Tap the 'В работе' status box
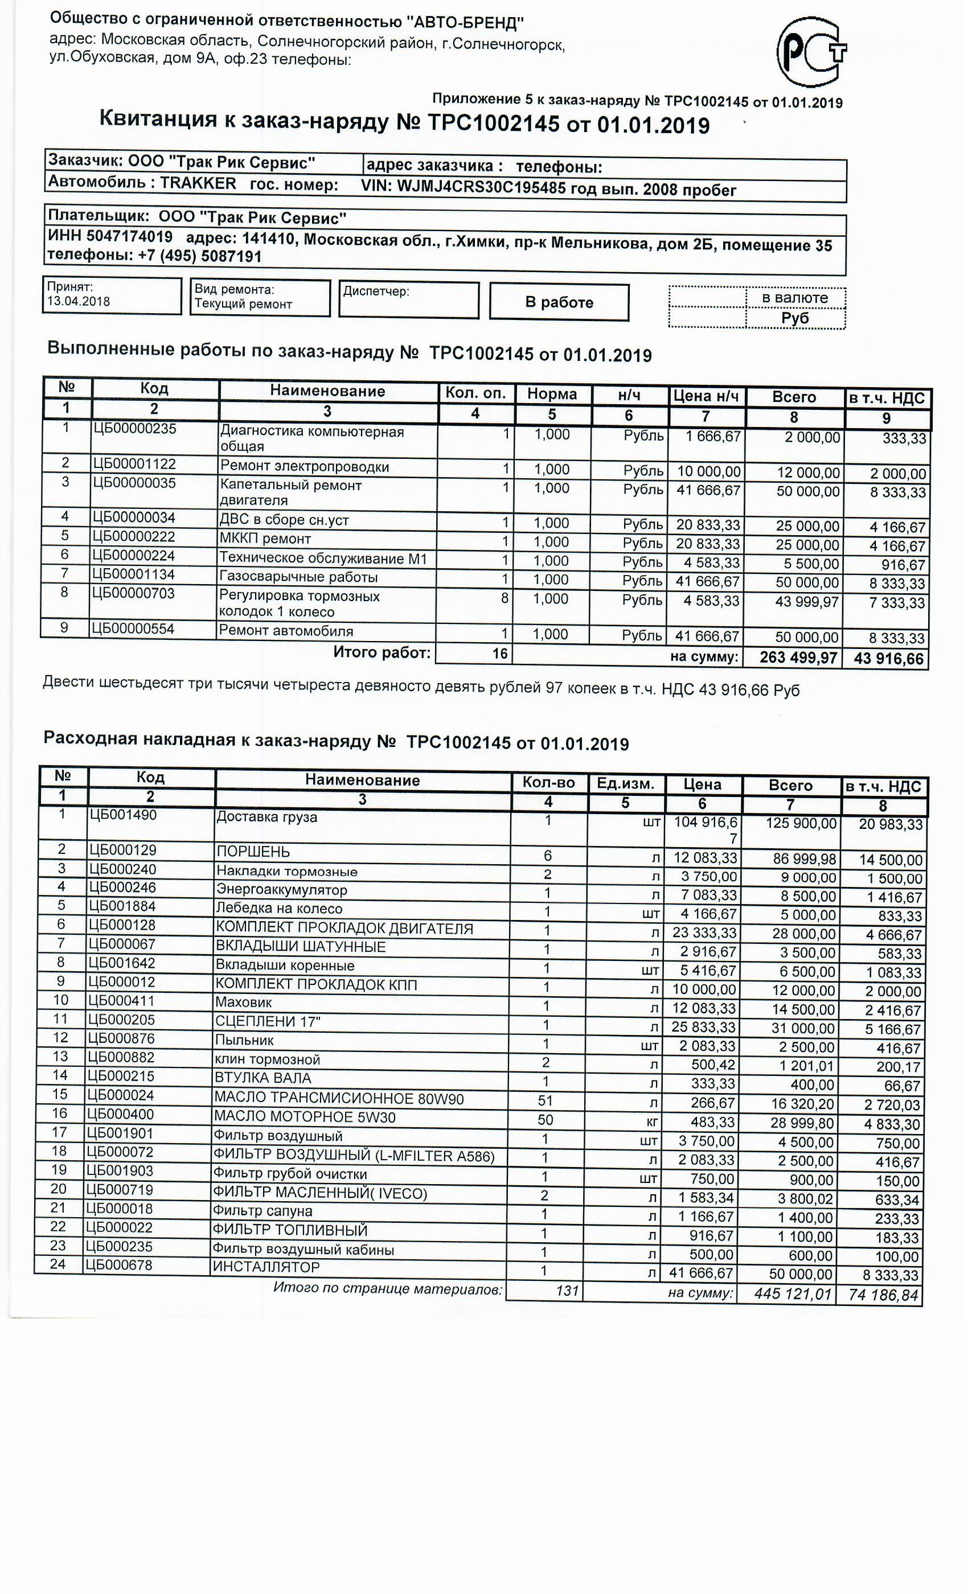(559, 302)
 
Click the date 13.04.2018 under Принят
(79, 302)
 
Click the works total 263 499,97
(798, 658)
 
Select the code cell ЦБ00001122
(134, 465)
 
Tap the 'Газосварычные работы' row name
(298, 578)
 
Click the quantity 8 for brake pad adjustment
(504, 598)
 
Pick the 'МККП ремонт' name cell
(265, 539)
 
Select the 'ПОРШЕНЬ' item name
(253, 852)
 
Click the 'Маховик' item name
(243, 1003)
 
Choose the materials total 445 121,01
(792, 1295)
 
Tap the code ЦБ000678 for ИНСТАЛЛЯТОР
(119, 1265)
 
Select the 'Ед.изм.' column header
(625, 784)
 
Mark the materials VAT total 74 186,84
(881, 1295)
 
